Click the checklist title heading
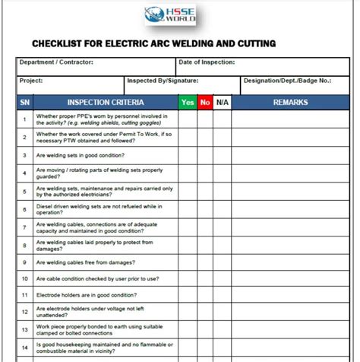tap(153, 43)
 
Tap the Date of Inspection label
tap(207, 62)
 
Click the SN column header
tap(25, 101)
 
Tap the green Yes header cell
tap(187, 101)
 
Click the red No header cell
tap(204, 101)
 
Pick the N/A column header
tap(222, 101)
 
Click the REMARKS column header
tap(291, 101)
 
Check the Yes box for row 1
tap(187, 119)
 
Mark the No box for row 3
tap(204, 155)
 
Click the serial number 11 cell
tap(25, 294)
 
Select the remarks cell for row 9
tap(291, 262)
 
